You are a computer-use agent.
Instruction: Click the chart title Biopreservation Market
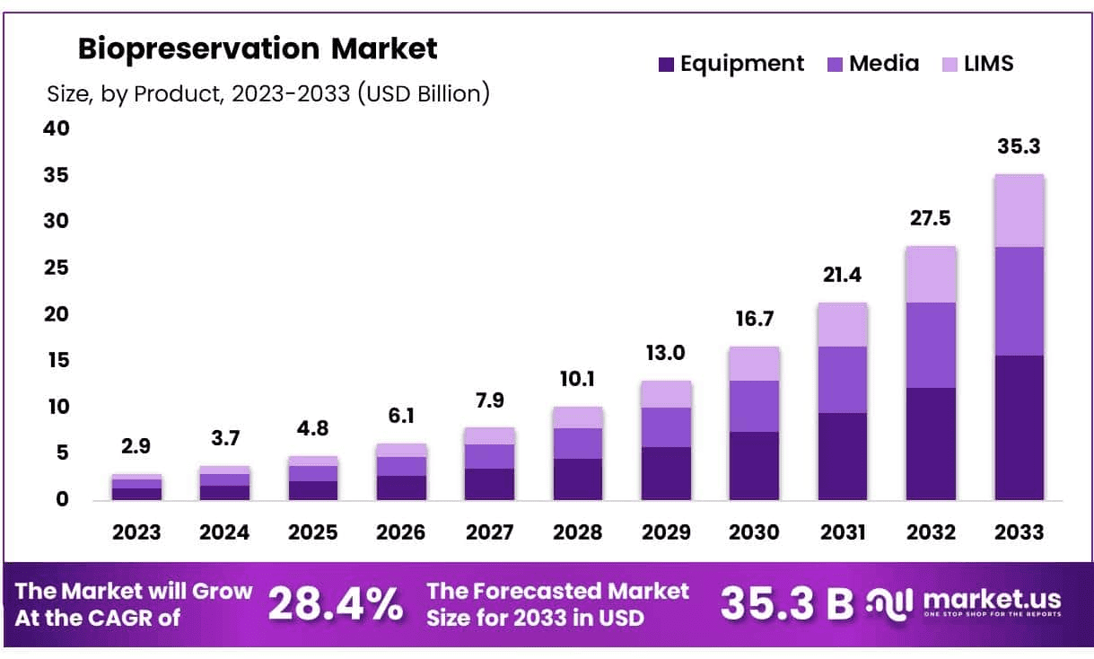click(x=258, y=48)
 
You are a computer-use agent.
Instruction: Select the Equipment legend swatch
click(x=666, y=65)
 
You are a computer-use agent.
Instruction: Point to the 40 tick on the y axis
click(x=57, y=128)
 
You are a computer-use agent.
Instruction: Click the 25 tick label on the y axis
click(x=57, y=268)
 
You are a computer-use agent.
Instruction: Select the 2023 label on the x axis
click(x=136, y=532)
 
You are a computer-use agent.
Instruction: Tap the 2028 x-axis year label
click(x=577, y=532)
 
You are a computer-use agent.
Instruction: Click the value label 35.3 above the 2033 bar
click(x=1019, y=146)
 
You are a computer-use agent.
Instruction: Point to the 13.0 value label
click(x=666, y=353)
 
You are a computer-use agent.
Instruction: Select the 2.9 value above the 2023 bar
click(x=136, y=446)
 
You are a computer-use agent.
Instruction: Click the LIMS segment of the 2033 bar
click(x=1019, y=211)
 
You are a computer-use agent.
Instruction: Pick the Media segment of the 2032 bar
click(x=931, y=346)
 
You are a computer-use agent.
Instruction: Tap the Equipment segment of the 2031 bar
click(x=842, y=456)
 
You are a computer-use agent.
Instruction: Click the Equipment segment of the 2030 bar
click(x=754, y=466)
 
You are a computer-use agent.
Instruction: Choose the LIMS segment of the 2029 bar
click(x=666, y=394)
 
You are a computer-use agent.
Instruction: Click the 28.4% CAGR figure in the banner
click(x=336, y=604)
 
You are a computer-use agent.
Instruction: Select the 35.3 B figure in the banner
click(x=787, y=604)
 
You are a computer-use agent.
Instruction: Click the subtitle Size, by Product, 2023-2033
click(x=267, y=93)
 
